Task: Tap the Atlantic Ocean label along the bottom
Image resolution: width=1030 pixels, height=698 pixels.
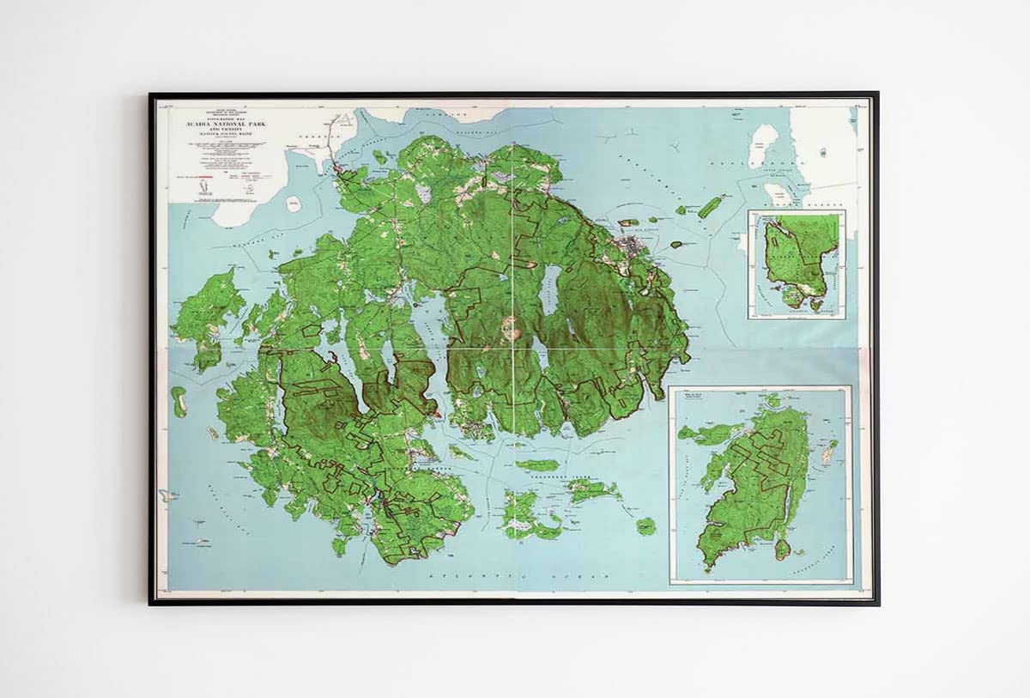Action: [x=481, y=576]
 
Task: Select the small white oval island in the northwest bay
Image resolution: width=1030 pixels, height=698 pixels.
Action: [x=294, y=204]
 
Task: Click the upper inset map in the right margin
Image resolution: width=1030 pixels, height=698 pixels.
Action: [x=797, y=264]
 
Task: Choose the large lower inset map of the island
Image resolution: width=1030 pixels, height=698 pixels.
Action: [x=760, y=485]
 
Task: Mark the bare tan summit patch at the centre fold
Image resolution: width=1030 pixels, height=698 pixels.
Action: [x=512, y=328]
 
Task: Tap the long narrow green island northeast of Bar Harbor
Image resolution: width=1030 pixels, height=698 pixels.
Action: [x=710, y=207]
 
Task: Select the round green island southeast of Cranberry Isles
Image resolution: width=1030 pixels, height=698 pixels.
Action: [x=645, y=525]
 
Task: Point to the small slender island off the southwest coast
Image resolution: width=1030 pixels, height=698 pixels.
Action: [x=179, y=401]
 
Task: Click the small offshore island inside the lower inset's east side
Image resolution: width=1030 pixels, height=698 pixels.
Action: [x=829, y=451]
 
